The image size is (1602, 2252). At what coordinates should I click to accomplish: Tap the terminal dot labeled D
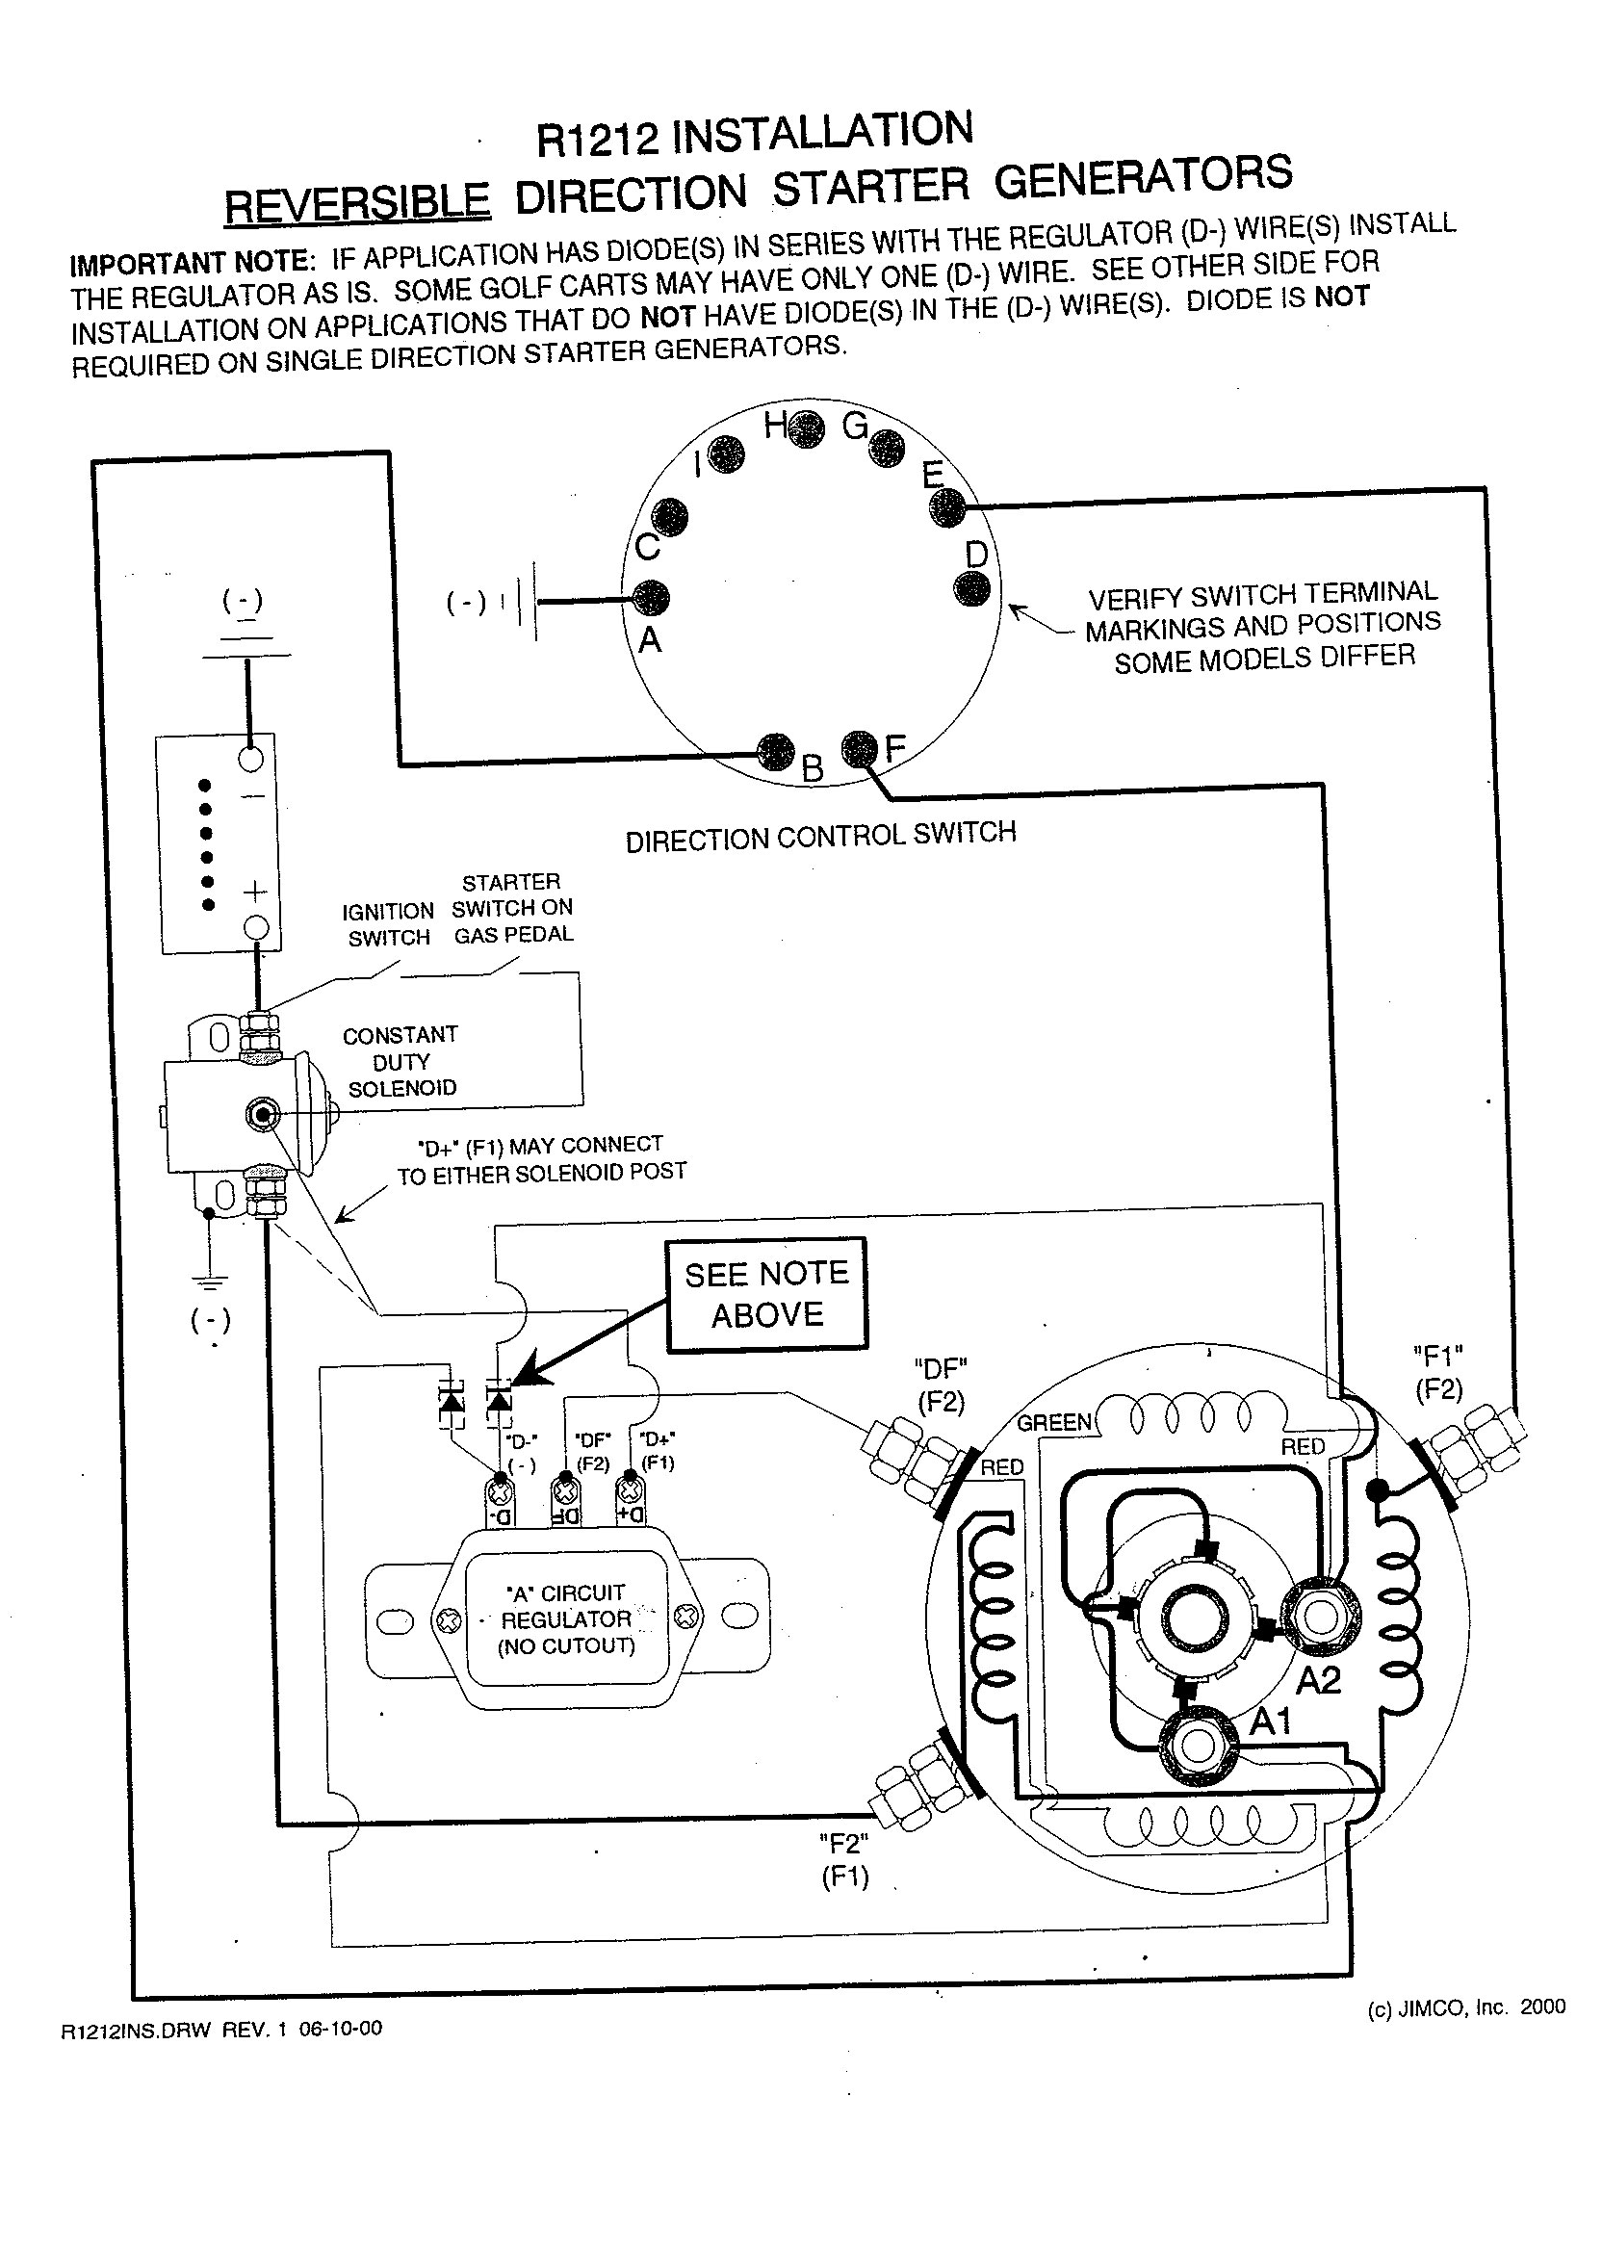tap(972, 588)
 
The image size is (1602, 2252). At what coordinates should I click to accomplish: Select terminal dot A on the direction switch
tap(650, 597)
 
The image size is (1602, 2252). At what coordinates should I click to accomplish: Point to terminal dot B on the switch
tap(774, 753)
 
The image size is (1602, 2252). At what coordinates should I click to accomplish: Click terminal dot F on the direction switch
tap(860, 749)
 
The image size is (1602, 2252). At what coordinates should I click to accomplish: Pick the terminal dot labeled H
tap(806, 429)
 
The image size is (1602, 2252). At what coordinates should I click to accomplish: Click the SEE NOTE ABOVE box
tap(766, 1294)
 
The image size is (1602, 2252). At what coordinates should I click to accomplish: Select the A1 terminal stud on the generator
tap(1198, 1746)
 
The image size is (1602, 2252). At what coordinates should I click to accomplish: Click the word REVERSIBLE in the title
tap(357, 204)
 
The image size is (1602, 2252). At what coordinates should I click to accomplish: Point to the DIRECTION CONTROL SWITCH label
tap(820, 837)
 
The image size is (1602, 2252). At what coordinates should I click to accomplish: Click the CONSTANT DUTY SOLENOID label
tap(400, 1061)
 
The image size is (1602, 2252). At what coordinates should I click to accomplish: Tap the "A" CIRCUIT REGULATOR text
tap(566, 1618)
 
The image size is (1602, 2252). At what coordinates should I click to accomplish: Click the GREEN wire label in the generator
tap(1054, 1423)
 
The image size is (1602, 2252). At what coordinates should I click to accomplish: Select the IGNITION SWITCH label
tap(389, 924)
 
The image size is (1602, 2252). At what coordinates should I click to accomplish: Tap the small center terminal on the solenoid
tap(262, 1115)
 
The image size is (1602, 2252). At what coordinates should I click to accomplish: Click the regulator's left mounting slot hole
tap(395, 1620)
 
